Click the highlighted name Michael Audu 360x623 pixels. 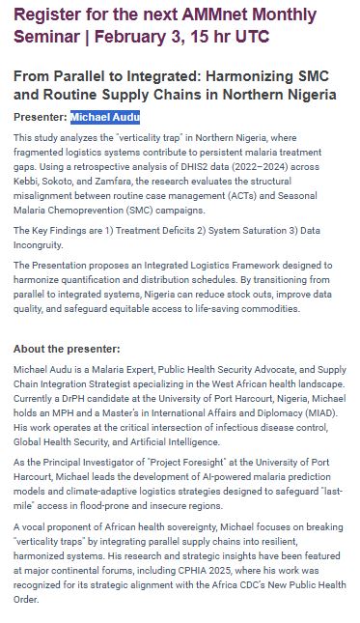click(x=105, y=118)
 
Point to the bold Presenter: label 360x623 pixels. click(x=41, y=118)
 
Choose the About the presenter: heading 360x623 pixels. click(x=67, y=348)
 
